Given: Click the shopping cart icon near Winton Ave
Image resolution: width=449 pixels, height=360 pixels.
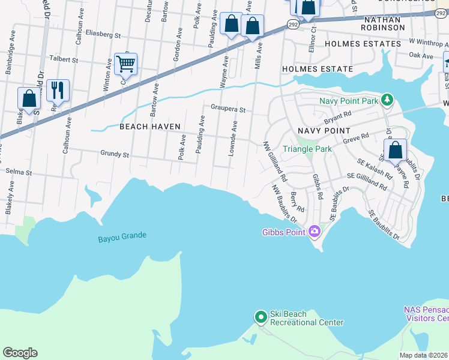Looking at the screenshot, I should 125,64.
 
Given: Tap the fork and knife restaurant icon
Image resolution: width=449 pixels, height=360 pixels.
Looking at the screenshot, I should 58,91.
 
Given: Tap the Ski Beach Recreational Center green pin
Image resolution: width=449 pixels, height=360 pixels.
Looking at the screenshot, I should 261,317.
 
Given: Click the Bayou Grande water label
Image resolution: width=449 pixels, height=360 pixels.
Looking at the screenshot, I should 122,237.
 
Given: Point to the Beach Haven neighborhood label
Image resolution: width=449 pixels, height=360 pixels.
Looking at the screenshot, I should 146,127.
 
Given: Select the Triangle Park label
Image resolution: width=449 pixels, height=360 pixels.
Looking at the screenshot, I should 307,149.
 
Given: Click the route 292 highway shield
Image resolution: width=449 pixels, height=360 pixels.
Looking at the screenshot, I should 292,24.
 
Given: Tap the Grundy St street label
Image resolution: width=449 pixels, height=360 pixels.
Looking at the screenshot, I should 115,155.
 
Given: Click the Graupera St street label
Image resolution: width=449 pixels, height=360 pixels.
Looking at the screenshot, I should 228,109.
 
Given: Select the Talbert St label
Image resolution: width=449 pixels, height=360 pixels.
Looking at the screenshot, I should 64,60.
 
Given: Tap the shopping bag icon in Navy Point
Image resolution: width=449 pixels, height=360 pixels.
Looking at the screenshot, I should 395,151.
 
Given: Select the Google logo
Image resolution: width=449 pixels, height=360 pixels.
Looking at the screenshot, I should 20,353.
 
